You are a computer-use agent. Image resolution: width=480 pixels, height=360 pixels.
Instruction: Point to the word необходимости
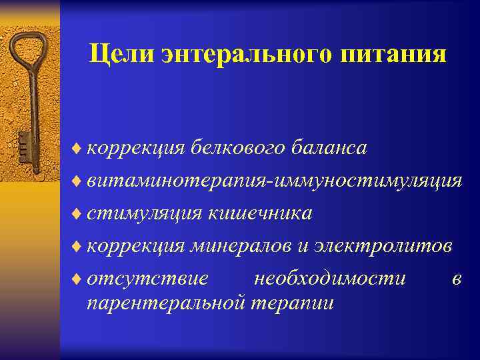330,278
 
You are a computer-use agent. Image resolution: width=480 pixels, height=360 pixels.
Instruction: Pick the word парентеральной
165,303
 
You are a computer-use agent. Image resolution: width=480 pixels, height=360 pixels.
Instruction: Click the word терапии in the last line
293,303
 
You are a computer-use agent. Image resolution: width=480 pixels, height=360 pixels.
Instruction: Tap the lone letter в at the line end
456,279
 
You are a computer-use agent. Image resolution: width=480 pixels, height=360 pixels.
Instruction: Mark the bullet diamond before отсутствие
77,279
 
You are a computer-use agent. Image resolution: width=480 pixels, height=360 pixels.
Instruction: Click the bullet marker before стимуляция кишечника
77,213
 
